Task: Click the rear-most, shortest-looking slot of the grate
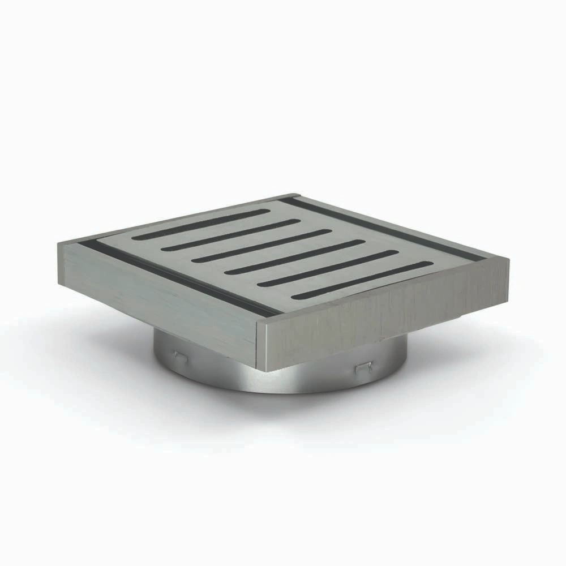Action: [x=201, y=222]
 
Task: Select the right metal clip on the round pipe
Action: [x=362, y=368]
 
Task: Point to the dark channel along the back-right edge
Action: [x=385, y=226]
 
